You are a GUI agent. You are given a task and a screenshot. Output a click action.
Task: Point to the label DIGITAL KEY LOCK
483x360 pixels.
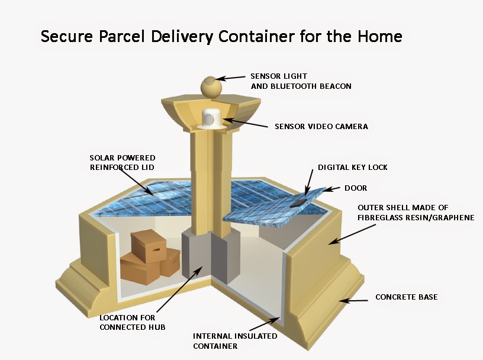click(353, 168)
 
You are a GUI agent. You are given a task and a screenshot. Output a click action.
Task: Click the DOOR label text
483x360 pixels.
click(356, 188)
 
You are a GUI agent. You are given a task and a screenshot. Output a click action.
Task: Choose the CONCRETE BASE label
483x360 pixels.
click(407, 297)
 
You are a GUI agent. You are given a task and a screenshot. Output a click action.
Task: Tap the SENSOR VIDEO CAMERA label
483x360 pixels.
click(321, 126)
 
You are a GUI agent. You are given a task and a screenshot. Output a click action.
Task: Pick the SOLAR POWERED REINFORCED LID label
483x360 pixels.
click(123, 163)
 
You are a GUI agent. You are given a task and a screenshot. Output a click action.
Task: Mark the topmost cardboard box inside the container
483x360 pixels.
click(147, 245)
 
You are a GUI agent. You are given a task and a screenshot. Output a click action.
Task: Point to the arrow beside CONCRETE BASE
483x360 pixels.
click(358, 300)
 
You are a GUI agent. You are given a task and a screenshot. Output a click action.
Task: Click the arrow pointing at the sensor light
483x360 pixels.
click(231, 78)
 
